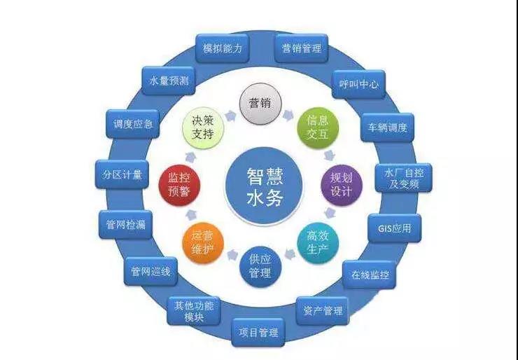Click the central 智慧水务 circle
264,186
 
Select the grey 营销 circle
260,104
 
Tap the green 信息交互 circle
318,127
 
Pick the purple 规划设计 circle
342,185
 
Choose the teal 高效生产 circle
318,242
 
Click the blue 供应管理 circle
260,266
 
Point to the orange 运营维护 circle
203,242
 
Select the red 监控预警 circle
179,185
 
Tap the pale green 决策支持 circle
203,127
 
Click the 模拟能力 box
223,48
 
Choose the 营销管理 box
301,48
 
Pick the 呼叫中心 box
359,84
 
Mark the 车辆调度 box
387,127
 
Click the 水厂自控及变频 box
404,178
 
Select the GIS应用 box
394,228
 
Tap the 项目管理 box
258,332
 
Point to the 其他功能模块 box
194,311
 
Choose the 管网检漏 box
125,225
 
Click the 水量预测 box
169,81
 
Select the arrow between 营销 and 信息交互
288,115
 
